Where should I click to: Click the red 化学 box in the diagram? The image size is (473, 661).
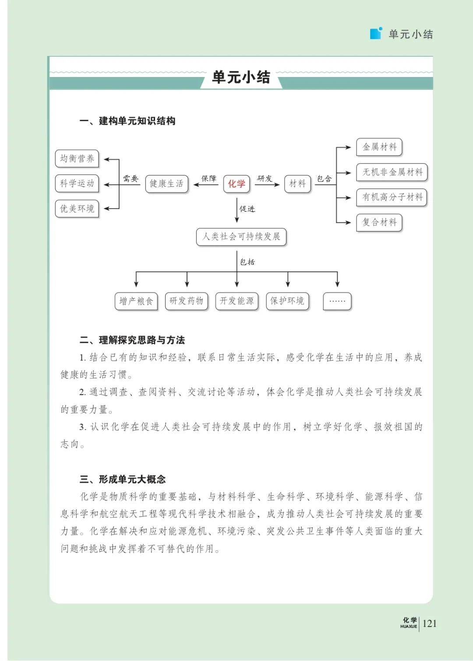[236, 184]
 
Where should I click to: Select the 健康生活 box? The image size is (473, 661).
[166, 184]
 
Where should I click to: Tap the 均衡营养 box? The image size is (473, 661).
[77, 158]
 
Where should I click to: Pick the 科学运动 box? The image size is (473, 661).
[77, 183]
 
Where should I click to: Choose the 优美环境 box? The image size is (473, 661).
[77, 209]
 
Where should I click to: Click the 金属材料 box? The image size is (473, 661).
[379, 147]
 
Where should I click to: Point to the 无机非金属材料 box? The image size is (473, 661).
[392, 172]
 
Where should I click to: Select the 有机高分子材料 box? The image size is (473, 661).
[392, 197]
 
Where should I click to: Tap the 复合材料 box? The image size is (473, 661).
[379, 222]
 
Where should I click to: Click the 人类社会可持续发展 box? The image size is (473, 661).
[241, 237]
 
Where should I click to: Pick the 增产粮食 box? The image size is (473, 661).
[136, 301]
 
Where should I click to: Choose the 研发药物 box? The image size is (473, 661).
[187, 301]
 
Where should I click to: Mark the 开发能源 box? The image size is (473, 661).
[237, 301]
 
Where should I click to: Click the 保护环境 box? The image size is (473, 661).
[287, 301]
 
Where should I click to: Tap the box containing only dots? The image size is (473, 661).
[337, 301]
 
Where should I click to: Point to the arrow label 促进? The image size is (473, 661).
[247, 209]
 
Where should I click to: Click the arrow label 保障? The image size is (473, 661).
[209, 178]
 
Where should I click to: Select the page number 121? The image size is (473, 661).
[430, 623]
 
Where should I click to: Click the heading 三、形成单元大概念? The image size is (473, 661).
[123, 479]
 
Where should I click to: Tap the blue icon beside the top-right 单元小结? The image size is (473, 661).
[376, 33]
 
